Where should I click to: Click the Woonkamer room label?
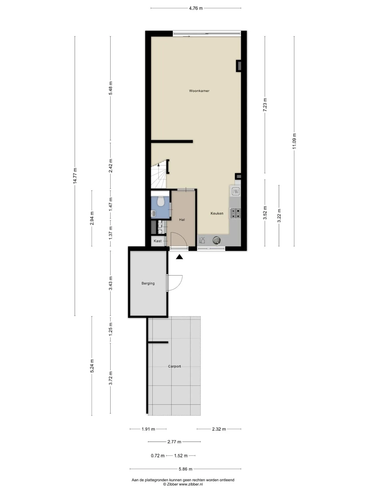click(x=199, y=91)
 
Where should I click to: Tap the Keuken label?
click(x=217, y=213)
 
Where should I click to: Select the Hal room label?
click(x=182, y=220)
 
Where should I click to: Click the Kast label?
click(x=158, y=241)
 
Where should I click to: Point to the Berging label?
click(x=148, y=283)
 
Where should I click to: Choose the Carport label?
click(x=175, y=366)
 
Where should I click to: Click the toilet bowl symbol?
click(x=161, y=201)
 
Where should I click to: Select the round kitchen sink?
click(x=217, y=240)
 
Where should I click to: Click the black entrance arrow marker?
click(x=179, y=257)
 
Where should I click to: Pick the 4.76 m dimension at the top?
click(x=196, y=8)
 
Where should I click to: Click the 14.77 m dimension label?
click(x=75, y=176)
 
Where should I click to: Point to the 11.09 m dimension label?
click(x=294, y=141)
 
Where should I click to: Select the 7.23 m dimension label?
click(x=265, y=105)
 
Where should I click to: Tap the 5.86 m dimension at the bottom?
click(x=186, y=469)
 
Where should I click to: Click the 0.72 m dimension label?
click(x=158, y=456)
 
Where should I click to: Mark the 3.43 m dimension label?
click(x=110, y=283)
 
